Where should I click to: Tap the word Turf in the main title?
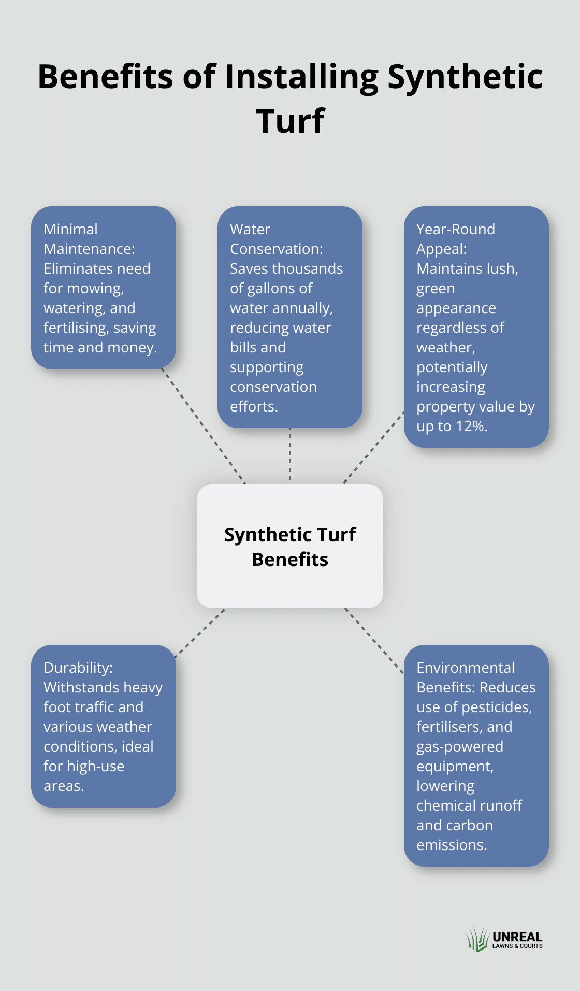point(290,121)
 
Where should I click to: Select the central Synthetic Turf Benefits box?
point(290,546)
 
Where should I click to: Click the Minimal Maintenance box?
point(104,288)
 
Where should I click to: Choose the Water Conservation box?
point(290,317)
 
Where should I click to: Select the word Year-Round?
point(456,230)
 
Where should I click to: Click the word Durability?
point(78,668)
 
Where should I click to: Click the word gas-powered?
point(460,747)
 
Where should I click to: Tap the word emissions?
point(452,845)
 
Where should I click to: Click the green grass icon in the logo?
point(477,939)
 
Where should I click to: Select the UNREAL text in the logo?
point(517,937)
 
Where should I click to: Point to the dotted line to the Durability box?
point(200,633)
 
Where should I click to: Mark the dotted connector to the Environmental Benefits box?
point(374,641)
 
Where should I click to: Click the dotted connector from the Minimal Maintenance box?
point(204,426)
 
